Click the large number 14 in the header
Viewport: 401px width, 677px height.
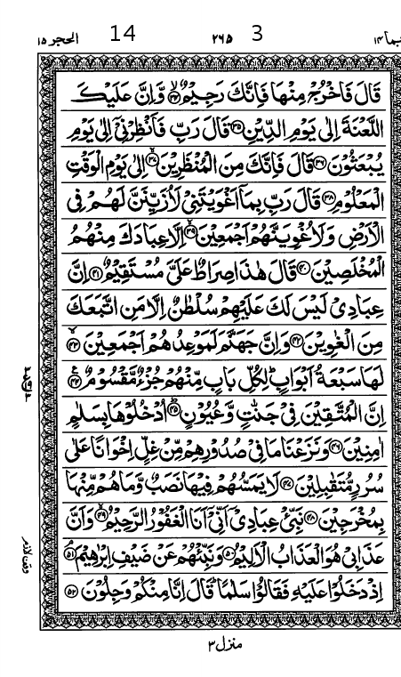(x=123, y=34)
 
